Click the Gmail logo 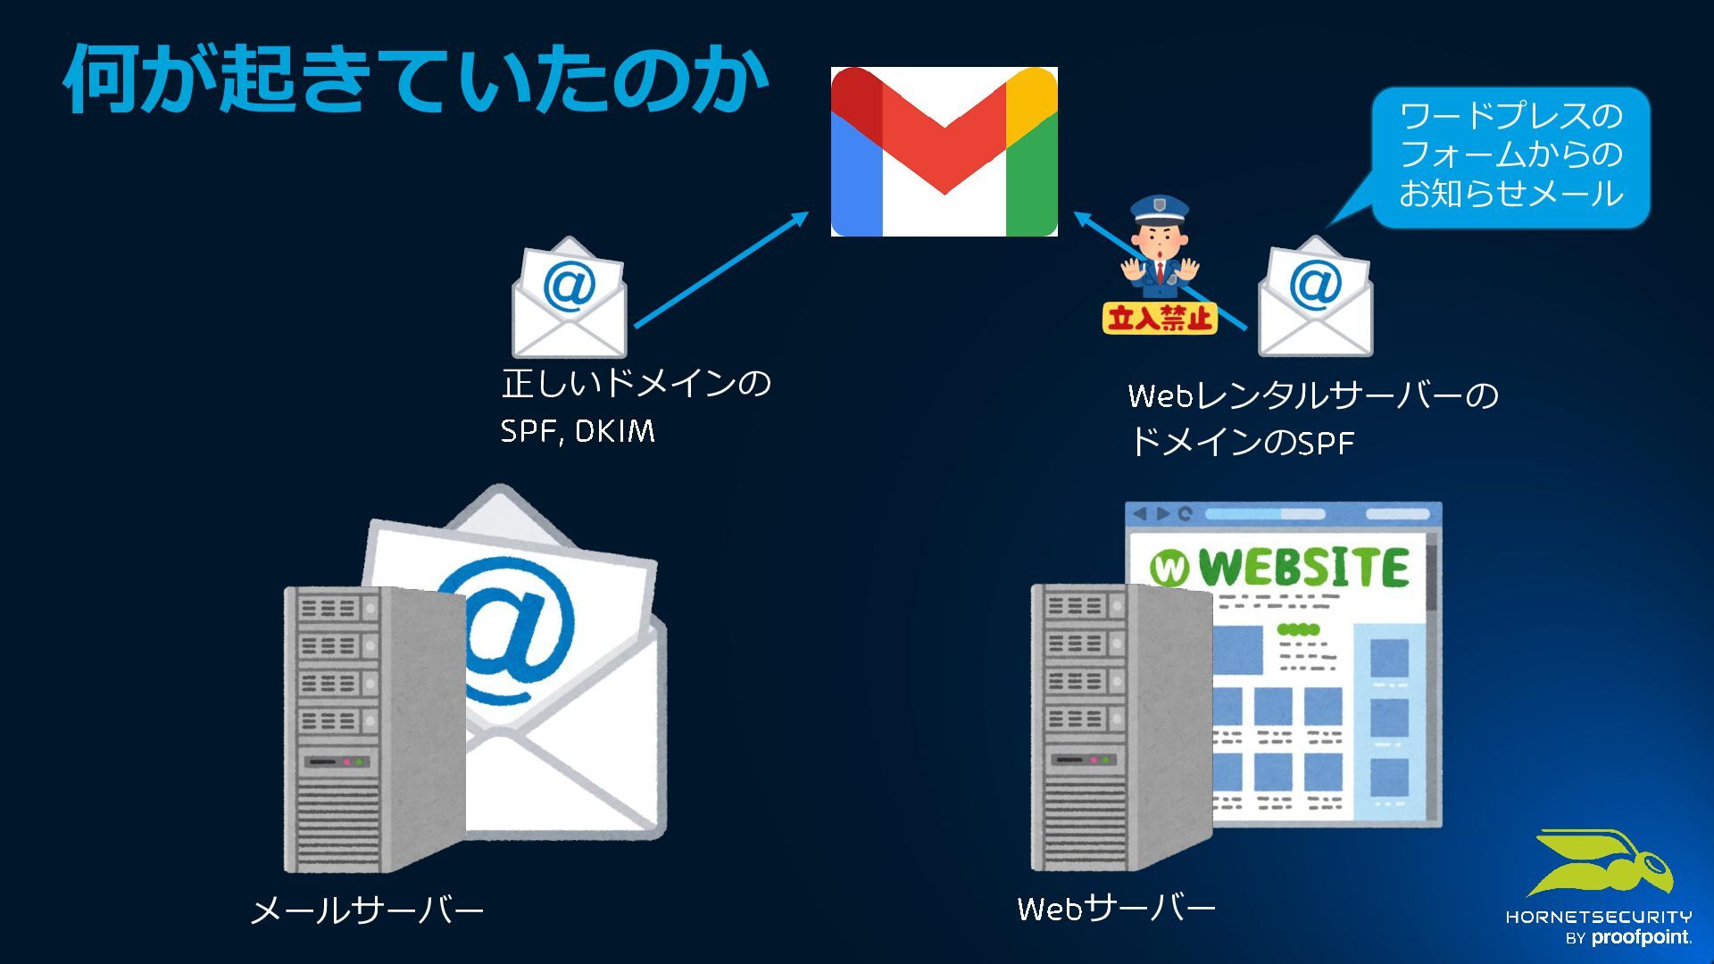(x=944, y=151)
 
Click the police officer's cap (x=1159, y=211)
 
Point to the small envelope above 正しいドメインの (x=569, y=298)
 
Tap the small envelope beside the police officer (x=1315, y=298)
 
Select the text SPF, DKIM (x=578, y=432)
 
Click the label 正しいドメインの (x=636, y=384)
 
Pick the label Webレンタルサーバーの (x=1312, y=395)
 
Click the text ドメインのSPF (x=1242, y=443)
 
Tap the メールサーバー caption (x=367, y=911)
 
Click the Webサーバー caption (x=1116, y=910)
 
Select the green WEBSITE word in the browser (x=1303, y=568)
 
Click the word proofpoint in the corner (x=1641, y=937)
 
